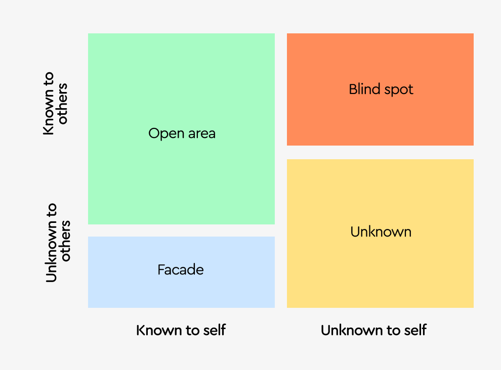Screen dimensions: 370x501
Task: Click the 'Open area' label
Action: pos(182,133)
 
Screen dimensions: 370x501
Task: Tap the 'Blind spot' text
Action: pos(381,90)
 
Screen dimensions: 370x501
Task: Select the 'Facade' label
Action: pos(181,270)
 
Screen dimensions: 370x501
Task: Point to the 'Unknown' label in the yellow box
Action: pos(381,232)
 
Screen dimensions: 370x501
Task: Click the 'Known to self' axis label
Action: pos(181,331)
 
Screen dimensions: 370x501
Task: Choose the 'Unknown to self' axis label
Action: pos(373,331)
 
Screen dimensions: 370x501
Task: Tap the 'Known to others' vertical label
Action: pos(55,104)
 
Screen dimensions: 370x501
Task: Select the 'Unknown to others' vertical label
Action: pos(58,243)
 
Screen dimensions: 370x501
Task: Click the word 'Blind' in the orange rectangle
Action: pos(364,89)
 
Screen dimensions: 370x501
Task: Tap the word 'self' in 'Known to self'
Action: pos(215,331)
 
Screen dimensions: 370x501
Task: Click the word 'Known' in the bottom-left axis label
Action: pos(153,331)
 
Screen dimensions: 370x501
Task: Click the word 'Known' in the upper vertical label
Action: pos(49,117)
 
